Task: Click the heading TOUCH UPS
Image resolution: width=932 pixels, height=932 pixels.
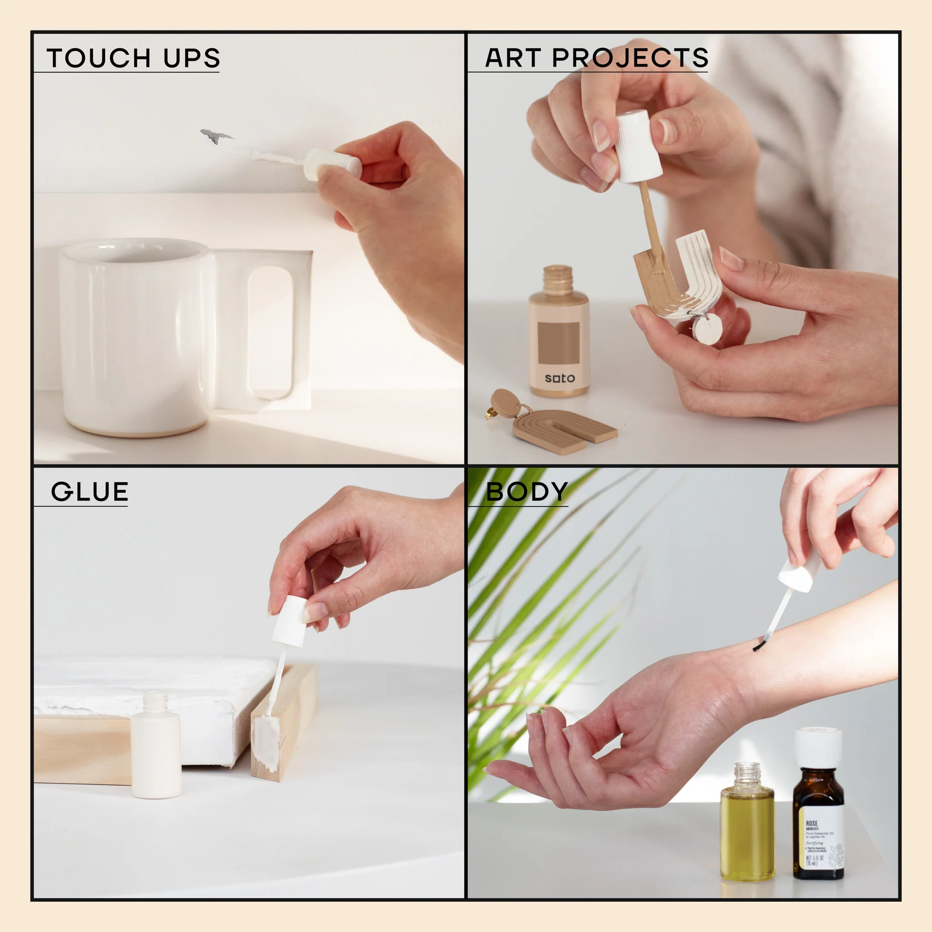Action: click(x=133, y=58)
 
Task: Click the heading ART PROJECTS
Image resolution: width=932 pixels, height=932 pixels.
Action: click(x=596, y=58)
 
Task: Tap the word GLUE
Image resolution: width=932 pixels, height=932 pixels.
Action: click(x=90, y=492)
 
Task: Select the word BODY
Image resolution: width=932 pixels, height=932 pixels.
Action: click(x=527, y=492)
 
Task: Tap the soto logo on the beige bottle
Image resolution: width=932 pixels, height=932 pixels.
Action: click(x=560, y=378)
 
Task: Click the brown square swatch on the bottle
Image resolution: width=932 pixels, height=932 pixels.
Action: click(x=558, y=343)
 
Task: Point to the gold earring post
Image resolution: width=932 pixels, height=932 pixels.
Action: click(x=489, y=413)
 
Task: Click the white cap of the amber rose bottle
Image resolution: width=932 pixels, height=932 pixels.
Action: click(x=818, y=747)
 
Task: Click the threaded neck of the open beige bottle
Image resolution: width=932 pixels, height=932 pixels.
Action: click(x=557, y=279)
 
